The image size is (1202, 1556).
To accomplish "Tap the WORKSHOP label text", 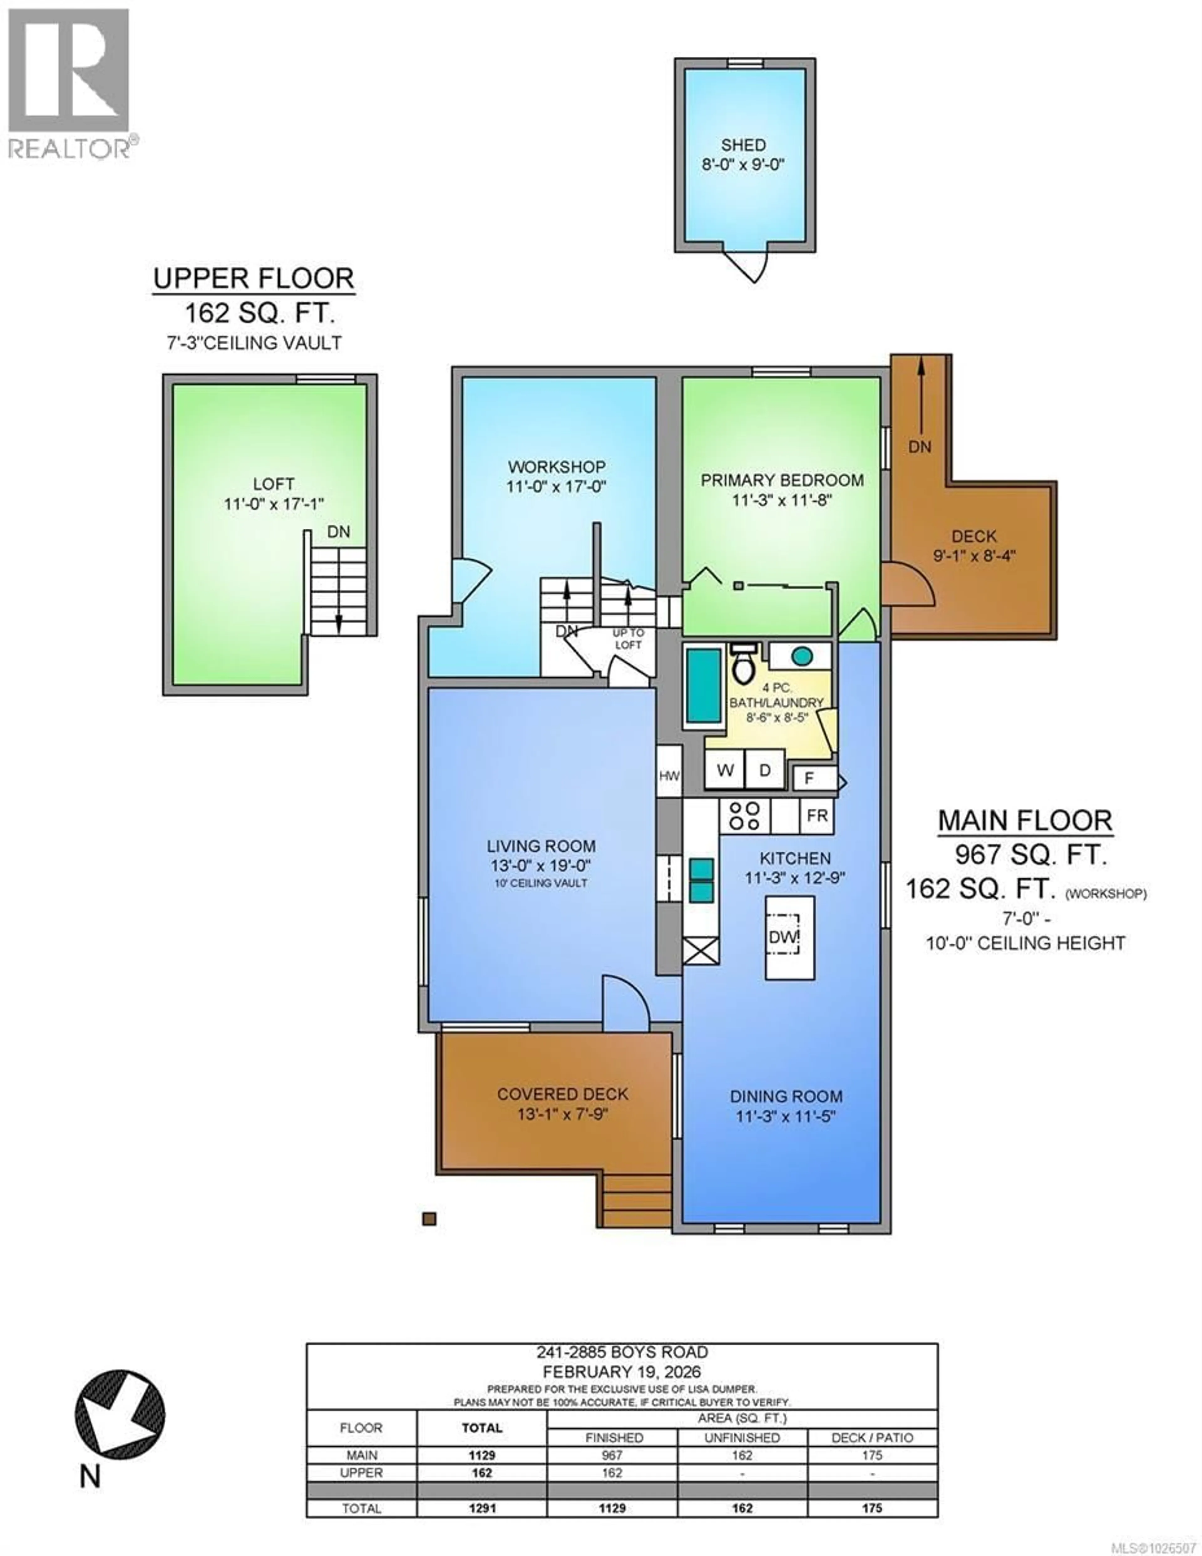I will [557, 467].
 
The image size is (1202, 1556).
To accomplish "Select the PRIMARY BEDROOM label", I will [782, 480].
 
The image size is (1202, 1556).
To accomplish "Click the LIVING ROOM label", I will [541, 846].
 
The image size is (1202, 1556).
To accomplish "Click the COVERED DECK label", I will [562, 1094].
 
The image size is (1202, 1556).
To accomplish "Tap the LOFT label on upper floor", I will [274, 484].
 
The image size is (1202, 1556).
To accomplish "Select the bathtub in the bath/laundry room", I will [703, 686].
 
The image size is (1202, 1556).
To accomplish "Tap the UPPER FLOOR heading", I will [254, 279].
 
